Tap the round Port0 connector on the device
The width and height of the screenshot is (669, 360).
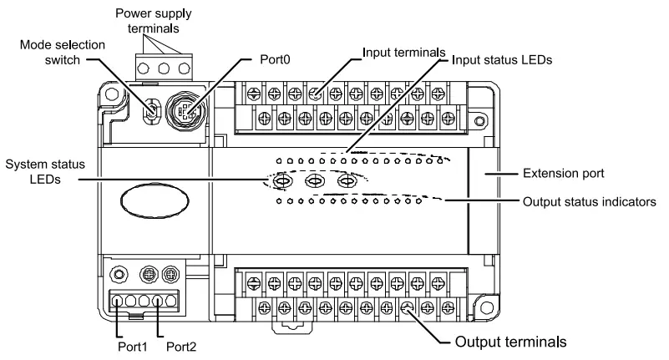point(184,110)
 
